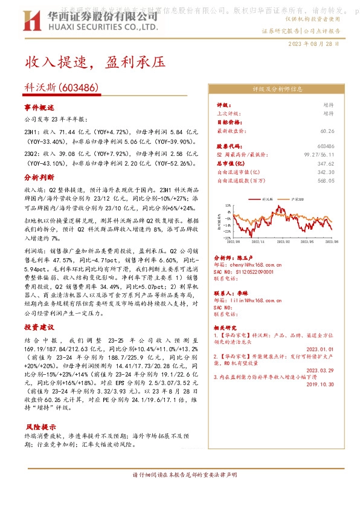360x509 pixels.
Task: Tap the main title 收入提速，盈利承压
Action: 94,62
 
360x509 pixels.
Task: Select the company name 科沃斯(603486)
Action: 62,87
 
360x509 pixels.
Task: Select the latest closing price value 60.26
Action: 327,131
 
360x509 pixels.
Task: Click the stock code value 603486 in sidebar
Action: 326,146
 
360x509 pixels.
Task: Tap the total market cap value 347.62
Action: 326,163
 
